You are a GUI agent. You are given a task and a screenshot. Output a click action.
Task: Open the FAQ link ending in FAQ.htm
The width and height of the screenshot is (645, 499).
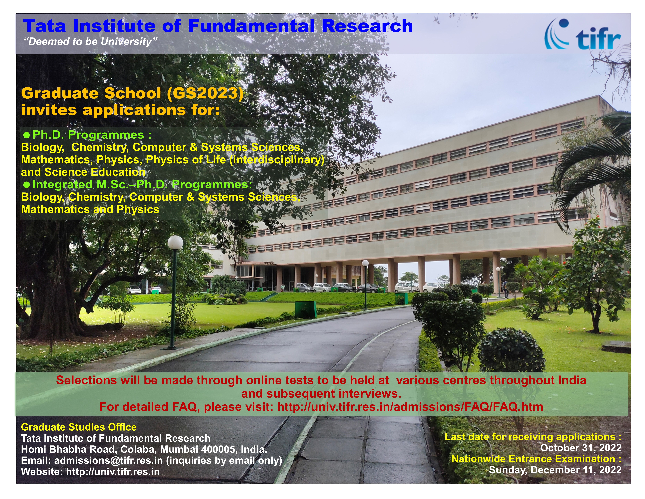[x=410, y=407]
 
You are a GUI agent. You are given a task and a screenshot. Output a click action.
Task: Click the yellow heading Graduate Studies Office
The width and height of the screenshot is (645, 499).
[x=79, y=427]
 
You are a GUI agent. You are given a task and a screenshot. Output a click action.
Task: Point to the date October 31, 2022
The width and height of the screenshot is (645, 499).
[x=581, y=448]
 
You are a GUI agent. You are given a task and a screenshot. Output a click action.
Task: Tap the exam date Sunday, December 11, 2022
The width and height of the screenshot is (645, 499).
[x=555, y=470]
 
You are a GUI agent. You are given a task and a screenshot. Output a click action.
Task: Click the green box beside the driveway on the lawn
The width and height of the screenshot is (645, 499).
[x=305, y=309]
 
